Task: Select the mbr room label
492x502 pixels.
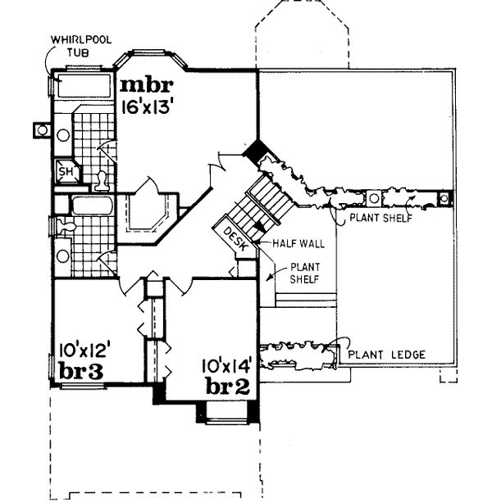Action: point(146,84)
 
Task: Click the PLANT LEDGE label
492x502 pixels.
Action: point(387,355)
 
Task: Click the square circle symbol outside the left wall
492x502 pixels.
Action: point(40,129)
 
